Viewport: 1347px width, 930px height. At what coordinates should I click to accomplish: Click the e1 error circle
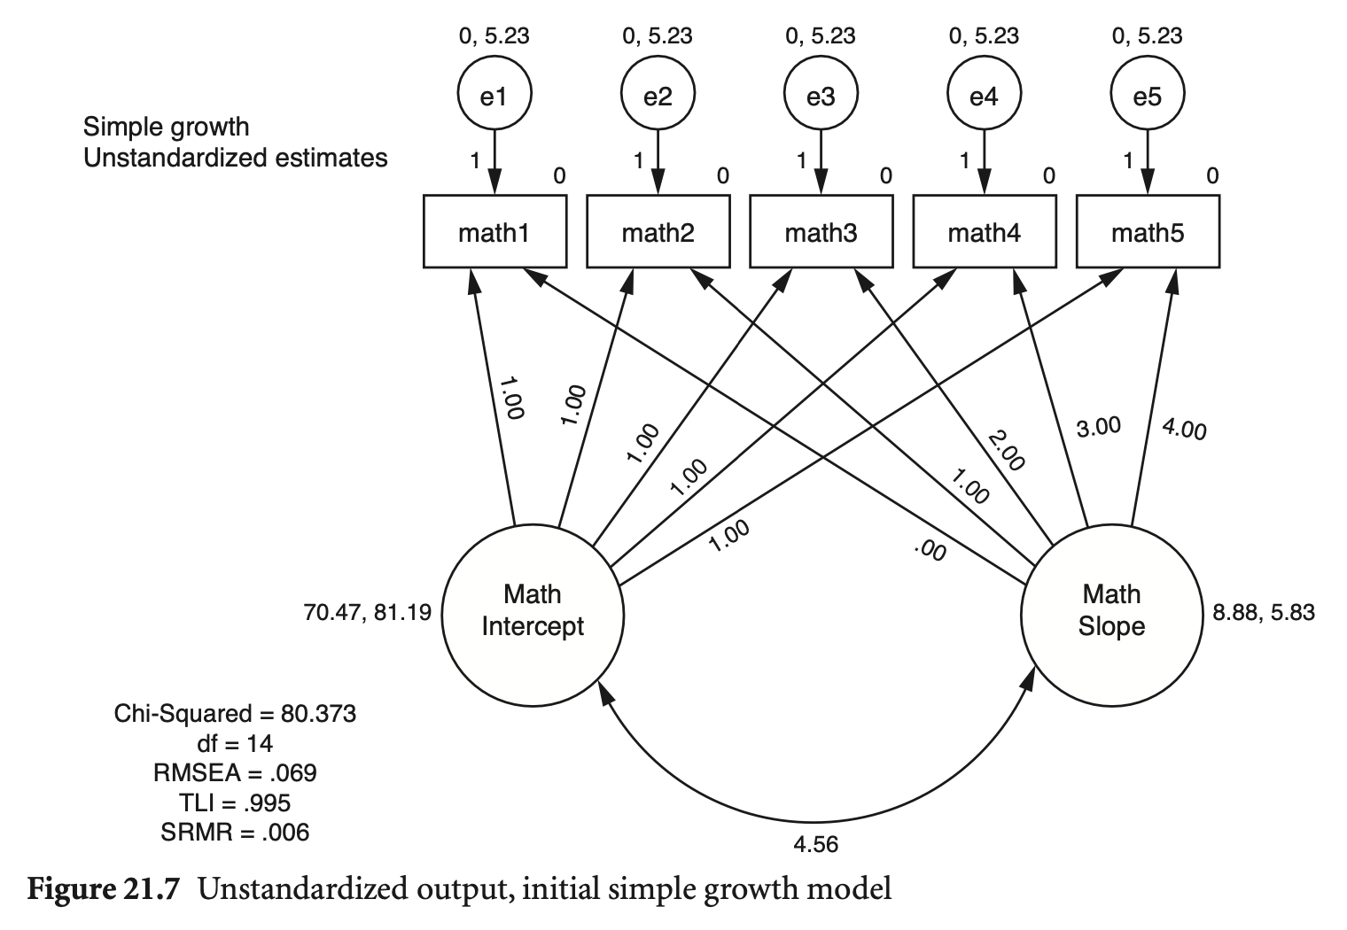click(494, 95)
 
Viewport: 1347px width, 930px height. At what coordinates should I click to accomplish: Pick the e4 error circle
click(984, 95)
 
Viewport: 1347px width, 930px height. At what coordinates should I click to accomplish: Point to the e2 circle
click(658, 95)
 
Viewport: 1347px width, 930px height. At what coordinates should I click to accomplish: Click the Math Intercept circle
click(533, 610)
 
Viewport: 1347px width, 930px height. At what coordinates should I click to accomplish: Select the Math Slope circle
click(1111, 610)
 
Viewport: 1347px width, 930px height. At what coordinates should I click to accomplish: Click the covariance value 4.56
click(816, 844)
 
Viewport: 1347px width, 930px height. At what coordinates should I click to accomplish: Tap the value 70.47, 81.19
click(367, 611)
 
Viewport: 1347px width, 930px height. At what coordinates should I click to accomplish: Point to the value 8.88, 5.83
click(1264, 611)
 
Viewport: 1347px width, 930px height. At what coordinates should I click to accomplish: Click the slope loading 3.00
click(1098, 426)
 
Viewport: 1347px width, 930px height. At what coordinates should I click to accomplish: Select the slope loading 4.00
click(1184, 430)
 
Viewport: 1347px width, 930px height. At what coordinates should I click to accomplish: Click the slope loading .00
click(930, 551)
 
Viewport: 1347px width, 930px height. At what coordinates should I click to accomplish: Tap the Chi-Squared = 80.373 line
click(235, 713)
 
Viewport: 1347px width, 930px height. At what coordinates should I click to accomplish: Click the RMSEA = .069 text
click(235, 772)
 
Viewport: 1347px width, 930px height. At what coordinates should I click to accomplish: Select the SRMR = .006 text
click(235, 832)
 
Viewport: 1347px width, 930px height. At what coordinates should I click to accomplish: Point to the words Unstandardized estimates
click(235, 158)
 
